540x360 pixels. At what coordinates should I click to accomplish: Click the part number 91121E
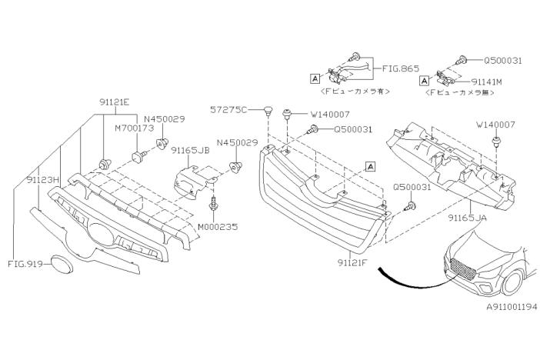(x=115, y=102)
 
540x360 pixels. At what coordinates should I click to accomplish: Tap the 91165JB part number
(x=190, y=150)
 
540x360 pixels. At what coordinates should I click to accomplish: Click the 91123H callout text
(x=43, y=180)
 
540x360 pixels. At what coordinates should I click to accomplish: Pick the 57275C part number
(x=228, y=110)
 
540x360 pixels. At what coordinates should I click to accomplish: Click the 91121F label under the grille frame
(x=352, y=262)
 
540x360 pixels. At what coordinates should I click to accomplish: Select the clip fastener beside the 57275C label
(x=267, y=111)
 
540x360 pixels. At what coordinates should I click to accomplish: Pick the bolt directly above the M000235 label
(x=213, y=205)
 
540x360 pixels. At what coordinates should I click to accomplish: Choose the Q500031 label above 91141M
(x=503, y=59)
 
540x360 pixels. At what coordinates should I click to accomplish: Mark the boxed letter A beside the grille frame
(x=370, y=165)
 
